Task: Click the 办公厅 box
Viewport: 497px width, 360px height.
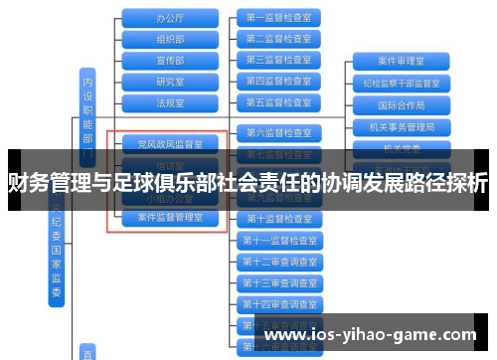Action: pos(170,18)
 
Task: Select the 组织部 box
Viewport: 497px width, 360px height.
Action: pos(170,39)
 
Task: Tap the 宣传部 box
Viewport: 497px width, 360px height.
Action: pos(170,60)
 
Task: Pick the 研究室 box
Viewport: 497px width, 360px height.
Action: pos(170,81)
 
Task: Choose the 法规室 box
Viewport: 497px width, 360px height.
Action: pos(170,102)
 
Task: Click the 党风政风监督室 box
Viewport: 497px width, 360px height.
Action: pos(170,144)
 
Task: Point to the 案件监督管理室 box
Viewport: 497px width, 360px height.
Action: pos(170,216)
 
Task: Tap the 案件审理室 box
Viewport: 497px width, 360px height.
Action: pos(402,61)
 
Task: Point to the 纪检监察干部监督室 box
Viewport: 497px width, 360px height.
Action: pos(402,83)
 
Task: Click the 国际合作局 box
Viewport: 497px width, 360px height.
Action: pos(402,104)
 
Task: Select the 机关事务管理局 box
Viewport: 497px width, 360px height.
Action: pos(402,126)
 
